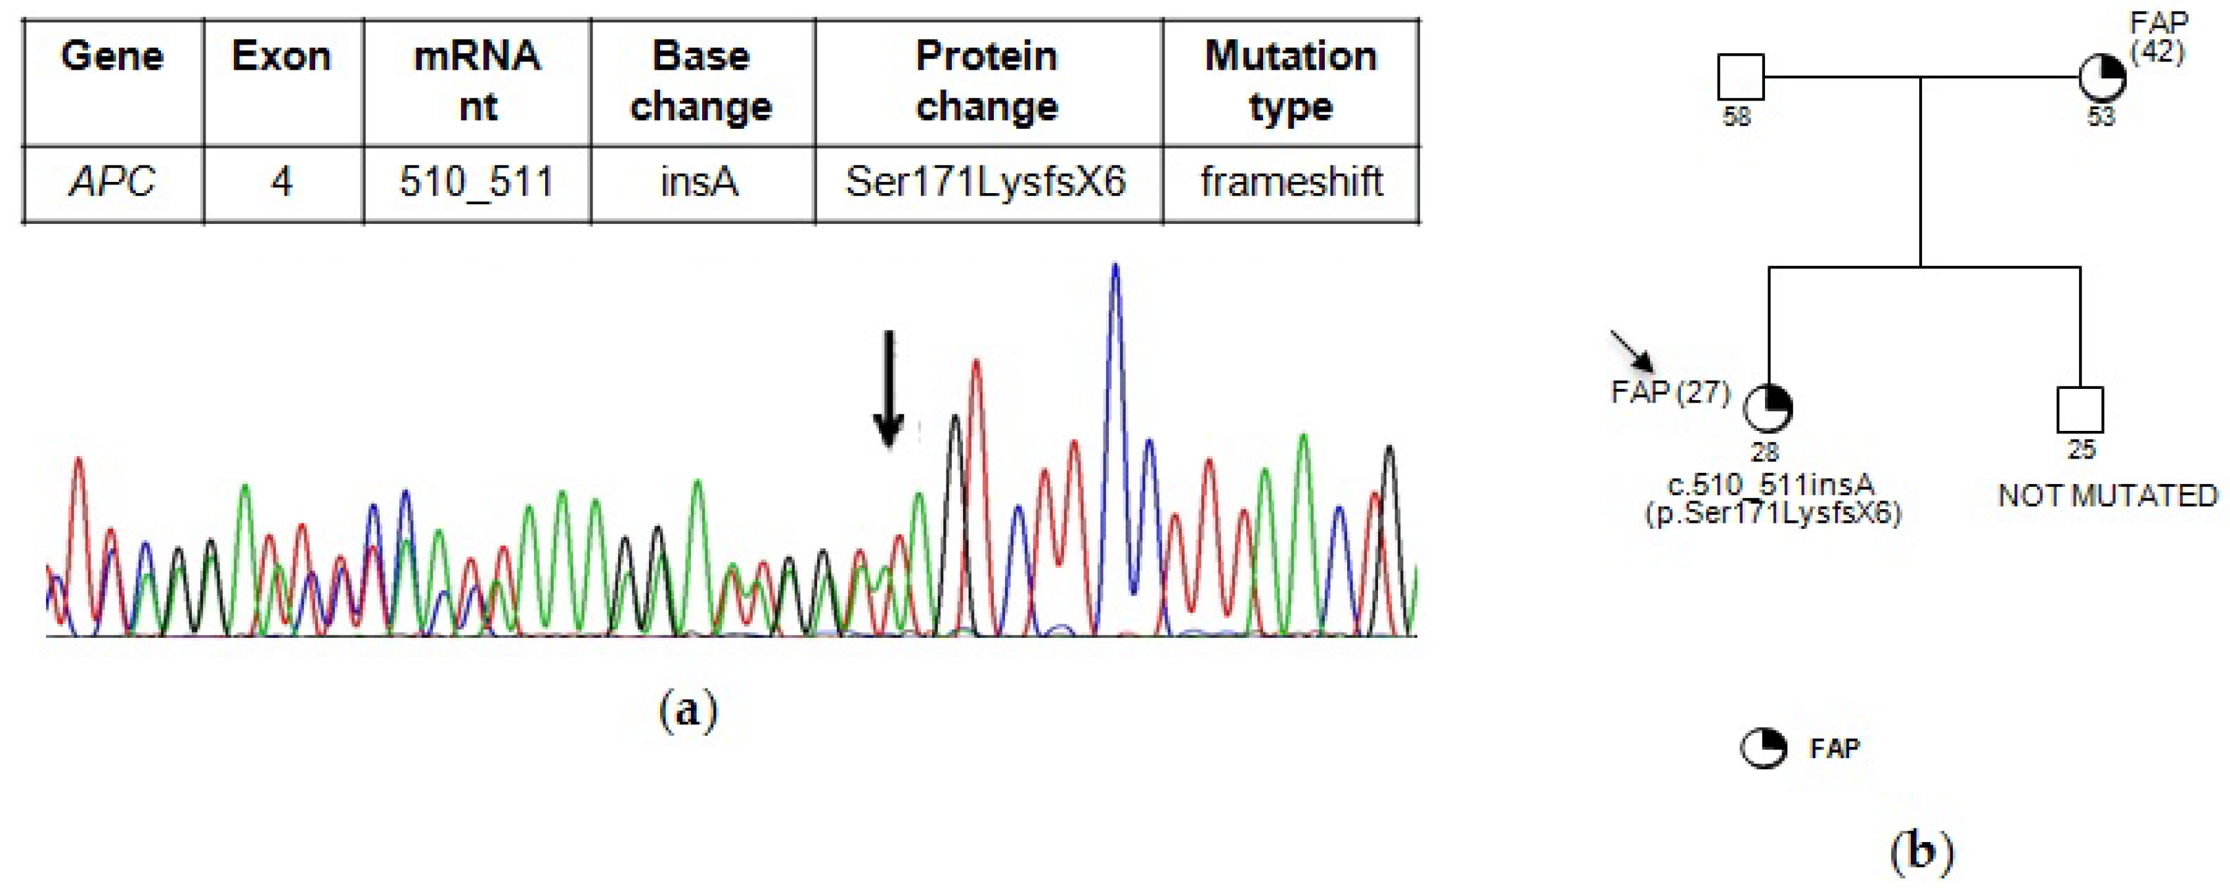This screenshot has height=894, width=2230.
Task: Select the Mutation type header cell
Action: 1290,81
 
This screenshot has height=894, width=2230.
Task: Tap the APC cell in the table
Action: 112,183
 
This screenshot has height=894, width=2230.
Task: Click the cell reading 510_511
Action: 476,183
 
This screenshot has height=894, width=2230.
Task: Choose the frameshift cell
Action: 1291,183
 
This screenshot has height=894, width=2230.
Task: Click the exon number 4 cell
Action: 282,183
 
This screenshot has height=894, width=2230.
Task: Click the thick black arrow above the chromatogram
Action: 888,390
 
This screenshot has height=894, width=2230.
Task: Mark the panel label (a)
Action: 688,711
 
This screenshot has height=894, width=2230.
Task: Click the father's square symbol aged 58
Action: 1740,77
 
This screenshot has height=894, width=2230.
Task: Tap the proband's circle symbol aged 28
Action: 1767,409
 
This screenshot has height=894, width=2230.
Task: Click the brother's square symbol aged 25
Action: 2080,409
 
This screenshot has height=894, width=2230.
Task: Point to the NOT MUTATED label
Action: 2107,496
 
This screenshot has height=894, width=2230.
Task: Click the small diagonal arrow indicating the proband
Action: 1632,351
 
